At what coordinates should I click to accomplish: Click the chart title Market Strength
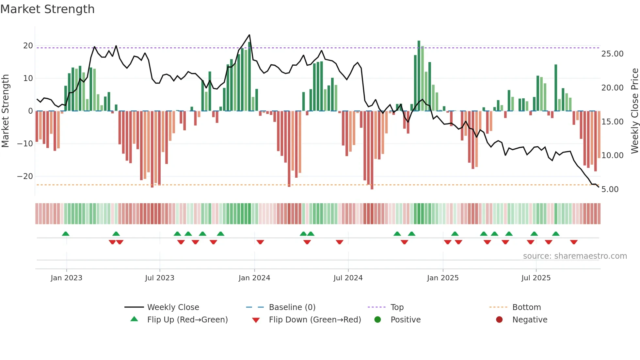(x=47, y=9)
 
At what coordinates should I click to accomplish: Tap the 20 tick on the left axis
(x=28, y=46)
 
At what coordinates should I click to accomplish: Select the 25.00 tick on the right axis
(x=612, y=54)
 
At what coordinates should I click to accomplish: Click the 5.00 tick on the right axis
(x=610, y=189)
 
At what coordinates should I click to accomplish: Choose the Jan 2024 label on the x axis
(x=254, y=278)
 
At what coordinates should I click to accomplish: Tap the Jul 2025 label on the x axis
(x=536, y=278)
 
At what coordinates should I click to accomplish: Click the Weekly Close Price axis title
(x=634, y=111)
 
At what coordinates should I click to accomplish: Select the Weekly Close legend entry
(x=173, y=307)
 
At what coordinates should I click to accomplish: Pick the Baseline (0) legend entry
(x=292, y=307)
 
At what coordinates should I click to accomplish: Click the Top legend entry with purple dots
(x=397, y=307)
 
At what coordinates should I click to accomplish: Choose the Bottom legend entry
(x=526, y=307)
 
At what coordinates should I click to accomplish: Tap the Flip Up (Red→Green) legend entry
(x=187, y=320)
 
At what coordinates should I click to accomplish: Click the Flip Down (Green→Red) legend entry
(x=315, y=320)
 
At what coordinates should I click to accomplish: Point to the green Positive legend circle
(x=378, y=320)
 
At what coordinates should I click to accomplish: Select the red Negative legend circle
(x=499, y=320)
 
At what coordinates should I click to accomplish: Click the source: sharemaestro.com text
(x=575, y=256)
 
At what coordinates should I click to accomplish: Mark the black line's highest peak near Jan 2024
(x=249, y=35)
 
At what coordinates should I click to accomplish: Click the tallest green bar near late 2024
(x=419, y=75)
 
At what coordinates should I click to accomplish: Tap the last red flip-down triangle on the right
(x=574, y=242)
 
